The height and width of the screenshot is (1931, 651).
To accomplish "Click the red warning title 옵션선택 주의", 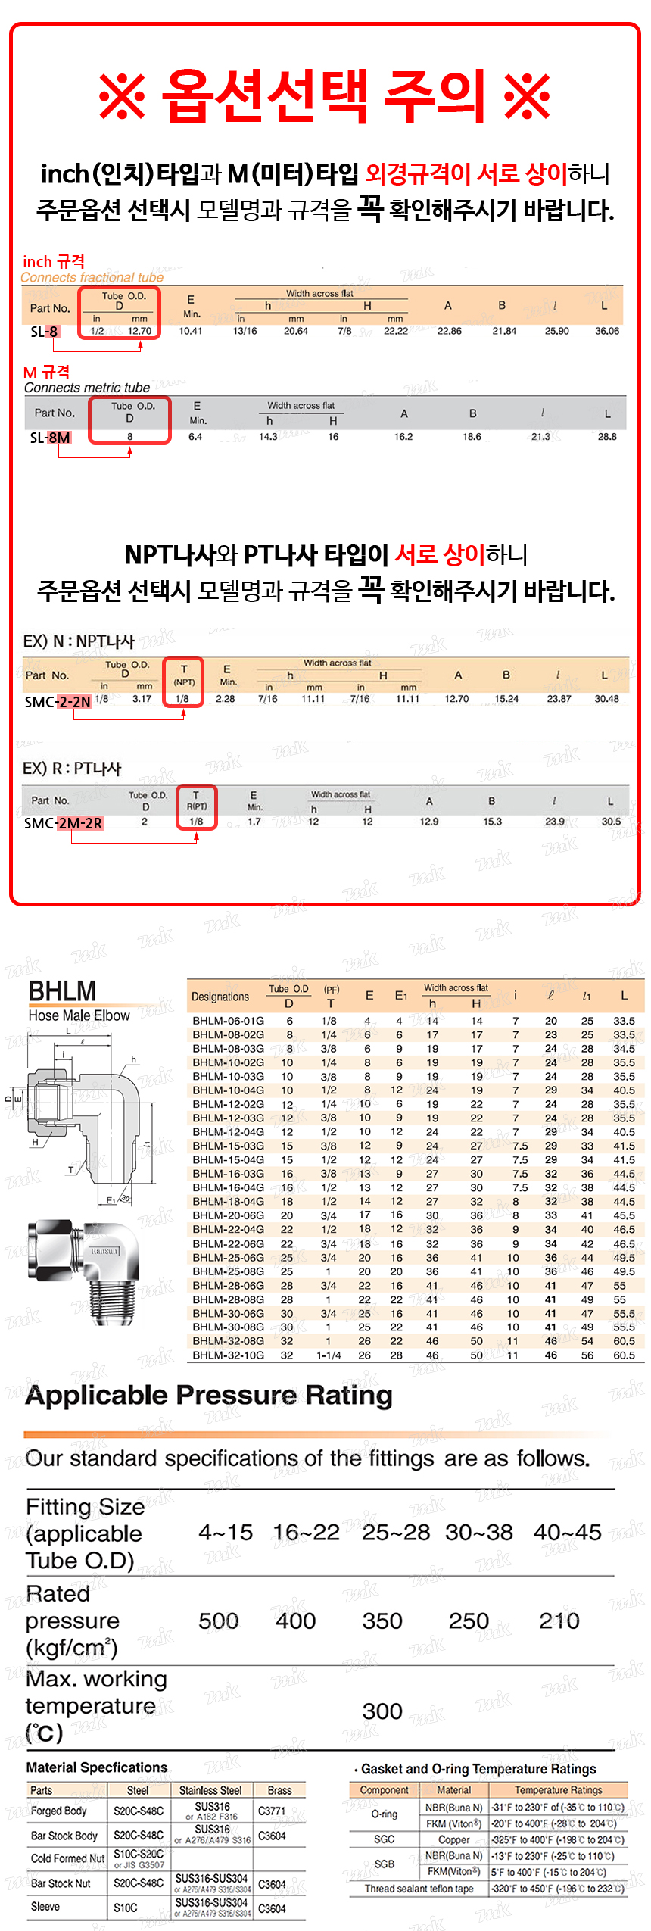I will coord(325,95).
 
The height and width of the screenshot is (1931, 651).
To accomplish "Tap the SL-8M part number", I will coord(50,438).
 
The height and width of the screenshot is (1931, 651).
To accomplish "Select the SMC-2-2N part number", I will coord(58,702).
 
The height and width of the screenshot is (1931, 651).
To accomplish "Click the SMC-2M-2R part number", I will coord(63,823).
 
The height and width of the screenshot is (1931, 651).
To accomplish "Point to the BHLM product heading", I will coord(62,990).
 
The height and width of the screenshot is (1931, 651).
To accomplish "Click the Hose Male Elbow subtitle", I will coord(79,1015).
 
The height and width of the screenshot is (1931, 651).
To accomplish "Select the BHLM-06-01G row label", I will coord(228,1021).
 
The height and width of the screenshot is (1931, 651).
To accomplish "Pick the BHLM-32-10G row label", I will coord(228,1355).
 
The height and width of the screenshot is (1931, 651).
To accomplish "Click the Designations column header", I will coord(220,997).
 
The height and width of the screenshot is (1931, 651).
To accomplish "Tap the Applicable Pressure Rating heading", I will coord(209,1395).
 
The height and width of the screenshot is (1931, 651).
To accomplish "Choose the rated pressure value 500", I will coord(218,1621).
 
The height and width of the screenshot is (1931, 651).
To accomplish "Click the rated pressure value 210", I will coord(559,1621).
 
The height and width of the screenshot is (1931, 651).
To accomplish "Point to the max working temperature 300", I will coord(382,1711).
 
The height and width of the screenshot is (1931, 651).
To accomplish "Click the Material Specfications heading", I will coord(97,1767).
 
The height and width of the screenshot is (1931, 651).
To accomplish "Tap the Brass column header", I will coord(279,1790).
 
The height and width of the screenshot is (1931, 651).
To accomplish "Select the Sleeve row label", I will coord(45,1906).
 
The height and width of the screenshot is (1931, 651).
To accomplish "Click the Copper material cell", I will coord(453,1839).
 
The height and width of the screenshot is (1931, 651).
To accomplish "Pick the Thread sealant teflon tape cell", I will coord(419,1888).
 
